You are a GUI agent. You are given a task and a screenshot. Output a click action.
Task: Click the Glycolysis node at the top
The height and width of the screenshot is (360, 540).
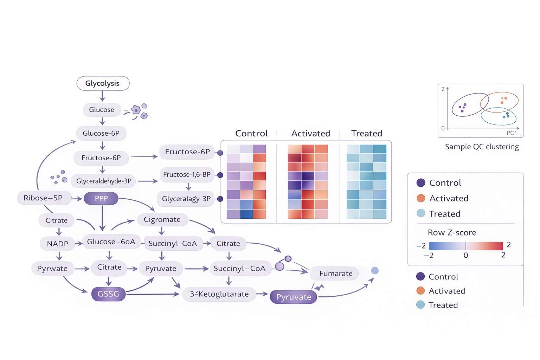coord(103,83)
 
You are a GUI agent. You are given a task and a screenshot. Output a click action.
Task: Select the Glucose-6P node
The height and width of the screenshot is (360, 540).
coord(101,133)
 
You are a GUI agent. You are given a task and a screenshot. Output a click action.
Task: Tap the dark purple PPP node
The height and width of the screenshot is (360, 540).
coord(101,198)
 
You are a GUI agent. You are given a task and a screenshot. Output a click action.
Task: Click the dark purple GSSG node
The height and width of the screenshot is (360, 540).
coord(108,294)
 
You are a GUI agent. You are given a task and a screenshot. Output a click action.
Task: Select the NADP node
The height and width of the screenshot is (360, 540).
coord(57,244)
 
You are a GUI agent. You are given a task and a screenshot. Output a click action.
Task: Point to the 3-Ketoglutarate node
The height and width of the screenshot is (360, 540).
coord(219,294)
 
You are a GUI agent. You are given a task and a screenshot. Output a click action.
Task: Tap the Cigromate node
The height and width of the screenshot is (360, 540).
coord(162,219)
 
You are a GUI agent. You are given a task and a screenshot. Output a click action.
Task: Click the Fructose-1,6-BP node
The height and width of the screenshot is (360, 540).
coord(187,175)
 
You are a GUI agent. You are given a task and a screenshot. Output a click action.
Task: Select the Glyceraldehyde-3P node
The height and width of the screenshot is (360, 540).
coord(104,181)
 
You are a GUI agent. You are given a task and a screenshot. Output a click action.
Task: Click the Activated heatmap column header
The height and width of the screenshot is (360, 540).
coord(310,134)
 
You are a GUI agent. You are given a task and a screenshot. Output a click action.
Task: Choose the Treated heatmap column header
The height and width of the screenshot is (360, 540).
coord(366,134)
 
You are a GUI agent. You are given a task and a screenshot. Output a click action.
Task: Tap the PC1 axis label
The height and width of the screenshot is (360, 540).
coord(512,133)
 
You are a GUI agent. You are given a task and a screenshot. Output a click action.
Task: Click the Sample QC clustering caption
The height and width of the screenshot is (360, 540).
coord(482,147)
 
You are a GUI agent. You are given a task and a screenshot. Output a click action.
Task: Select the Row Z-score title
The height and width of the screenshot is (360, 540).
coord(452,233)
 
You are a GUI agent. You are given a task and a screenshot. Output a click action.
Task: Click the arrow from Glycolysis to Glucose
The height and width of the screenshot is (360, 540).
coord(102,96)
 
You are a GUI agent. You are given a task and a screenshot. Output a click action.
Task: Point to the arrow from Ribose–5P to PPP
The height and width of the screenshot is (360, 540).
coord(77,199)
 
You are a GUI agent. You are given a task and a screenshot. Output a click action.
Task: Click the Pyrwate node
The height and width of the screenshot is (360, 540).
coord(52,269)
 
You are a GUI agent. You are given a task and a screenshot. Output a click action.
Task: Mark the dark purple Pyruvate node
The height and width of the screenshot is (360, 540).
coord(294,297)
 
